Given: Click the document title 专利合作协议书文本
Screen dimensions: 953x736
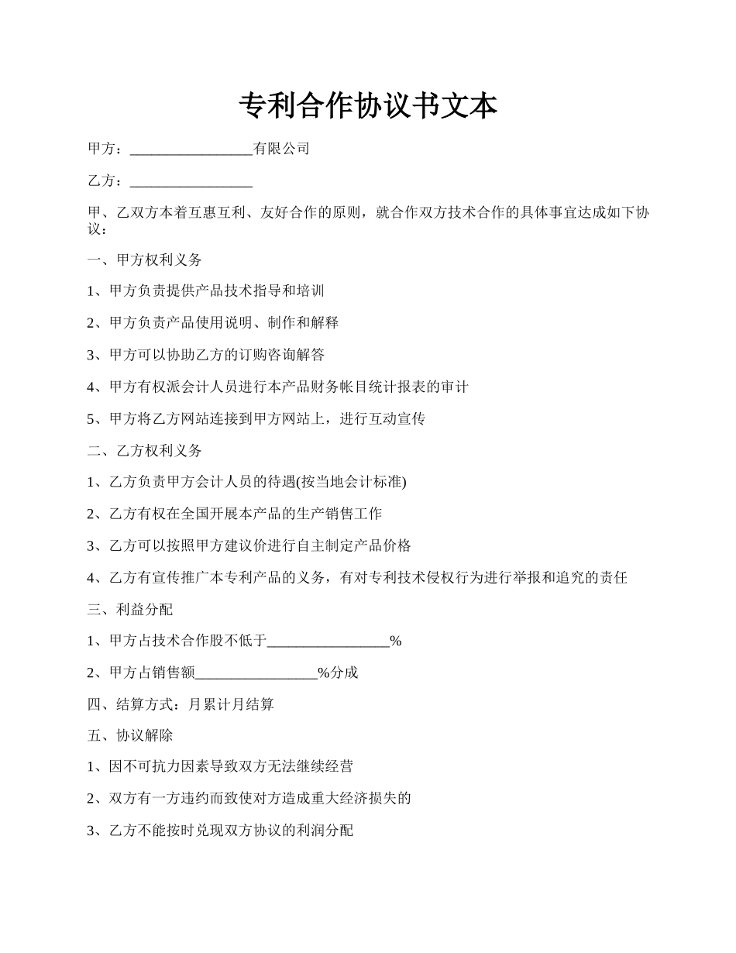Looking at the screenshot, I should [x=368, y=106].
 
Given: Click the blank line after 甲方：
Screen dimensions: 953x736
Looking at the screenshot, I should [x=191, y=150].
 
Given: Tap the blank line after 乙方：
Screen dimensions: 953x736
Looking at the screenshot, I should [x=191, y=182].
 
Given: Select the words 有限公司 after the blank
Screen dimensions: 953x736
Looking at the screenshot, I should [x=282, y=149].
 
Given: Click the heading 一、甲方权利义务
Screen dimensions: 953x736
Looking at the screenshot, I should [x=145, y=260].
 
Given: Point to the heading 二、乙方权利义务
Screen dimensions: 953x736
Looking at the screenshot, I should [x=145, y=450].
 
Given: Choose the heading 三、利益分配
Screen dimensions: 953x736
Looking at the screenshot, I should [x=130, y=609].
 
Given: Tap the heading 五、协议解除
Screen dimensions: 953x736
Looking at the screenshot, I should [x=130, y=735].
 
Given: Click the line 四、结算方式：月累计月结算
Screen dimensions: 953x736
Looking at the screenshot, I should [x=181, y=704].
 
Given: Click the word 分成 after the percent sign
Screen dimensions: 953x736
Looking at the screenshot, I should [x=345, y=673].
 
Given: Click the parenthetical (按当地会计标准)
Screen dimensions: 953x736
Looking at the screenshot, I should [x=352, y=482].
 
